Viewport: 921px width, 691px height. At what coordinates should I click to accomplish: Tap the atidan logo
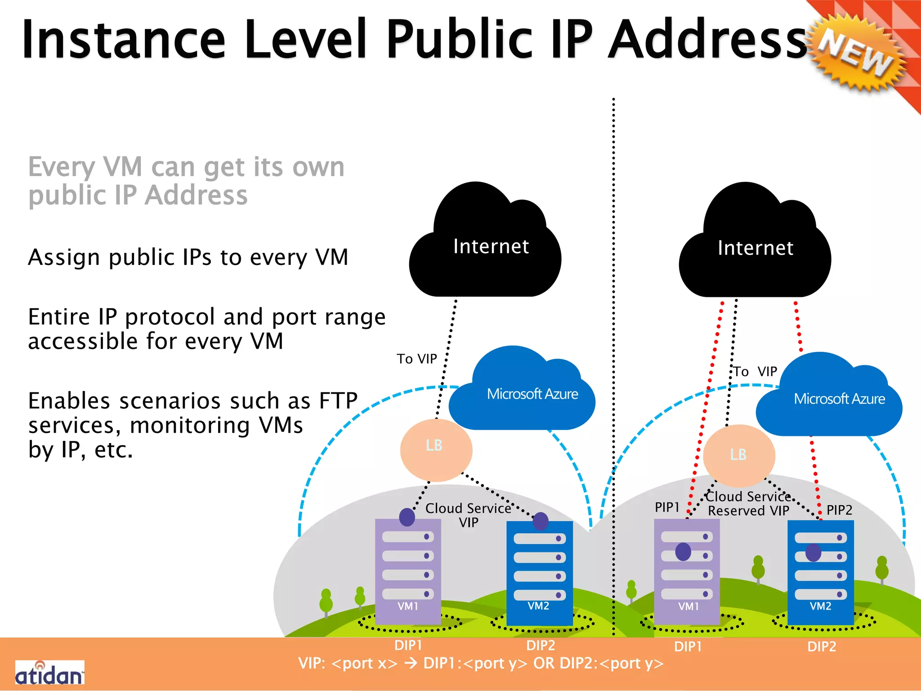coord(49,673)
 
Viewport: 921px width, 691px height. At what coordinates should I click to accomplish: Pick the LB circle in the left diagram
coord(436,449)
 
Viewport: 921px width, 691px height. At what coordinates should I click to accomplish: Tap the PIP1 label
coord(667,507)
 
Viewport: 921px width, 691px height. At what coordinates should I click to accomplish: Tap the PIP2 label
coord(839,510)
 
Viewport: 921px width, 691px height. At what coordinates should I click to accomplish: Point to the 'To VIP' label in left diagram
coord(417,359)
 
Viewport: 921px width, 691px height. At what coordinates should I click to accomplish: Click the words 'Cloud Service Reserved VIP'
coord(748,504)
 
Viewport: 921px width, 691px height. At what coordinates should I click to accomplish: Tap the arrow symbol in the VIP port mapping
coord(411,663)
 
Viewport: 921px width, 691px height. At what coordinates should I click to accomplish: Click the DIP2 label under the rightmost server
coord(822,647)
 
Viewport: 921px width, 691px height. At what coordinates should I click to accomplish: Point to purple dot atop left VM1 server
coord(407,517)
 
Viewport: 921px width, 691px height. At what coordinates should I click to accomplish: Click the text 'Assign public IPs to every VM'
coord(188,258)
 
